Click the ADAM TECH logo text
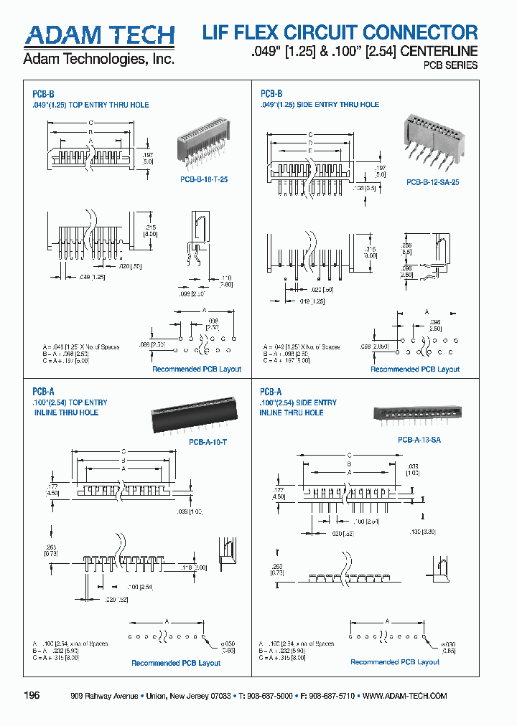coord(99,35)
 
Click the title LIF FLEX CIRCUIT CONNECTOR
coord(340,32)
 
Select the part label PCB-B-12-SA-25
coord(432,182)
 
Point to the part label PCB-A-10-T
coord(208,443)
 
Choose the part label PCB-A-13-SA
coord(419,440)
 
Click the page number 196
coord(32,696)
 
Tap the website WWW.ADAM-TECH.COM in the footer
coord(404,696)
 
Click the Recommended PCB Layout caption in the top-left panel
coord(196,369)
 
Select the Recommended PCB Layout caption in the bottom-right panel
coord(395,662)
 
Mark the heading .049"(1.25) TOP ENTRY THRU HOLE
coord(91,105)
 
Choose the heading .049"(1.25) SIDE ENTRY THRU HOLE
coord(320,105)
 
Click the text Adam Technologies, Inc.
coord(99,60)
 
